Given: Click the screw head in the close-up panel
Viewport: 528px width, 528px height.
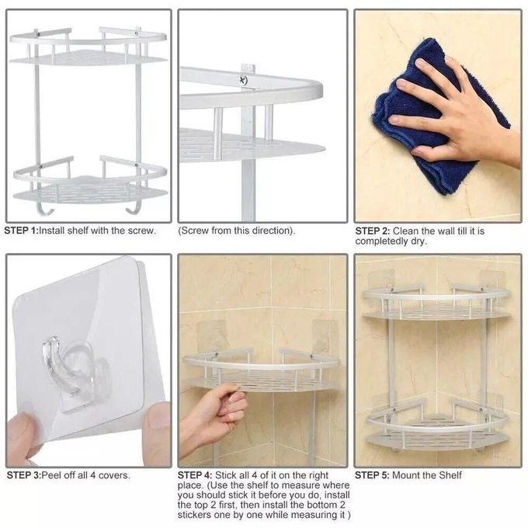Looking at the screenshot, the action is (243, 80).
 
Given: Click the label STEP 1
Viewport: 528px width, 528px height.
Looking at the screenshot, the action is (21, 231).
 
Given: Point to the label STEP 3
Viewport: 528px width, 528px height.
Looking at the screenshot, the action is (23, 475).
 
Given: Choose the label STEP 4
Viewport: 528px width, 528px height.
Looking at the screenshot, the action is (195, 475).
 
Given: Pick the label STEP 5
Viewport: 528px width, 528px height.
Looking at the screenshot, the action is (372, 475).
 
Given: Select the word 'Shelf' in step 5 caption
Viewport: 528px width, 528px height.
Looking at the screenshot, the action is (450, 475).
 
